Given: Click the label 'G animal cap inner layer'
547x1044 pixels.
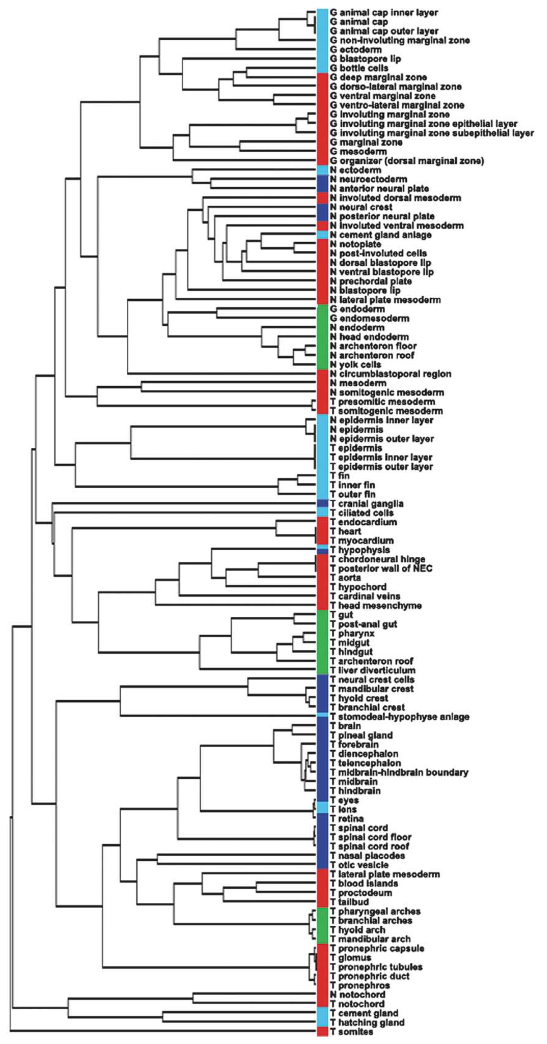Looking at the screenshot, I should (384, 13).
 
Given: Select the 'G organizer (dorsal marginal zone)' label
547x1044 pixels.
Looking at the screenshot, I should (407, 161).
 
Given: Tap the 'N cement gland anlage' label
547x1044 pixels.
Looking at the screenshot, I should (381, 235).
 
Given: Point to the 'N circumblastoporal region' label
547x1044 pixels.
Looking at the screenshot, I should (391, 374).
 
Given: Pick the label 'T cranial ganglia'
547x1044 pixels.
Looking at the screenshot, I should (367, 504).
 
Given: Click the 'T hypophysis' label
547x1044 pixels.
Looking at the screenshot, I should (360, 550).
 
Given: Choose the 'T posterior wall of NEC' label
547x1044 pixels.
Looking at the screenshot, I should (381, 568).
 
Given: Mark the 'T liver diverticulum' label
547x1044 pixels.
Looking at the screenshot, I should (372, 670).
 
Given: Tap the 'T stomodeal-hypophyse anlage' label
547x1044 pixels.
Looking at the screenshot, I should (400, 717).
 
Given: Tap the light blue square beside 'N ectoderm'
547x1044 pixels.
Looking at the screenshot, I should (322, 170).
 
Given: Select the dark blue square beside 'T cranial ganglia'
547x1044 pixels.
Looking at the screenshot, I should (322, 504).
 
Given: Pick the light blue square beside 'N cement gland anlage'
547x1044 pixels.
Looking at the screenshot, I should (322, 235).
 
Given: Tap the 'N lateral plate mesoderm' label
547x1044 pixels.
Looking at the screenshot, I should (385, 300).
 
